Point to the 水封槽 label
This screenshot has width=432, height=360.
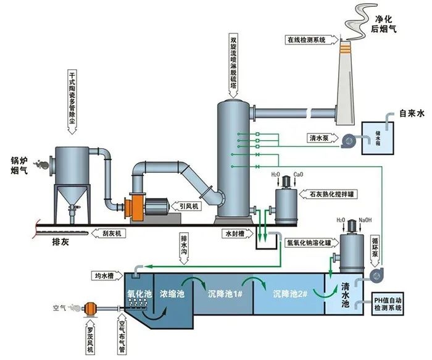pos(238,234)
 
